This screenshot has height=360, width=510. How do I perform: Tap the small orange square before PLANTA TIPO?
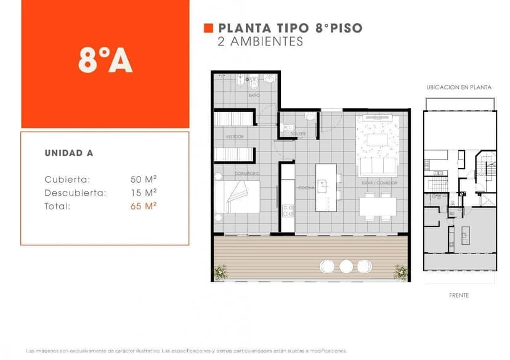coord(208,28)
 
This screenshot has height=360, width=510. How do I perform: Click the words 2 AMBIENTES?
coord(261,42)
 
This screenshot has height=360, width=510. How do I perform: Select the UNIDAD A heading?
coord(69,153)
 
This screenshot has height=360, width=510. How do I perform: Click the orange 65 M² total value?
coord(144,206)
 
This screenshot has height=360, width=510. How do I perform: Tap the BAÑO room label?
coord(254,96)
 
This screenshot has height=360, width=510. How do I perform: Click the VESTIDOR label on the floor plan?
coord(234,137)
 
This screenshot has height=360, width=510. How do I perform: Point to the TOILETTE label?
coord(298,133)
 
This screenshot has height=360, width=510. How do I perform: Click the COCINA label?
coord(306,188)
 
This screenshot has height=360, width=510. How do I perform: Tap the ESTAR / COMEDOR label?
coord(379,183)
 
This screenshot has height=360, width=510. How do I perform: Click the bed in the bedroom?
coord(238,197)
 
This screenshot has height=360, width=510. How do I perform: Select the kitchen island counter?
coord(326,187)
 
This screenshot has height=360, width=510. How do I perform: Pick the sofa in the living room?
coord(378,167)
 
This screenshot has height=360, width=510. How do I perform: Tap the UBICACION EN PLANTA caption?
coord(459,87)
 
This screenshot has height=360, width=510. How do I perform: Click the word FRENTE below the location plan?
coord(459,295)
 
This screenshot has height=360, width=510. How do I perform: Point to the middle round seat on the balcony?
coord(346,266)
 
